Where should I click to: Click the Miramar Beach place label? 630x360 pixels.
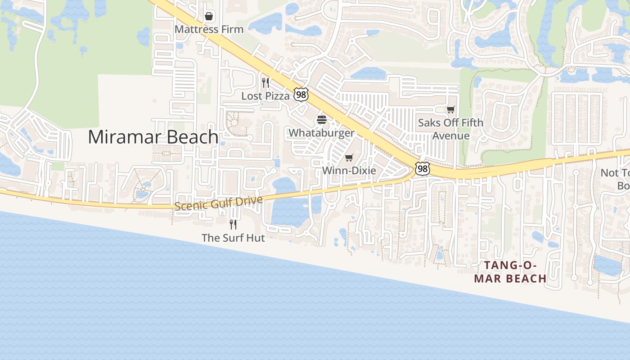point(153,137)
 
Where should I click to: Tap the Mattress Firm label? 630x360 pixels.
point(209,29)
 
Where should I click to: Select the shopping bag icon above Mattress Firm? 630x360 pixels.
point(209,17)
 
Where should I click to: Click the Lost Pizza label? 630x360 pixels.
point(265,96)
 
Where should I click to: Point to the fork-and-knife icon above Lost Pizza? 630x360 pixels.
point(265,83)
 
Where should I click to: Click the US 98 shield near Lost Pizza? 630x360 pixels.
point(301,94)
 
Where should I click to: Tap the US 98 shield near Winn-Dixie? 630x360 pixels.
point(422,169)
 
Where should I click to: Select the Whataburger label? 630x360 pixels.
point(321,133)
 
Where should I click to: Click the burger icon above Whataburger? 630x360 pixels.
point(321,120)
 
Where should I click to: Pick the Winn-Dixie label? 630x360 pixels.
point(349,171)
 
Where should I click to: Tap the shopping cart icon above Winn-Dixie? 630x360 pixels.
point(349,157)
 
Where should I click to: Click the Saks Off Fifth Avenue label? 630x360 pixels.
point(450,129)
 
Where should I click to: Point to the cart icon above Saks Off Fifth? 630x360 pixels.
point(450,109)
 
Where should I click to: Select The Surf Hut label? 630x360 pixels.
point(233,238)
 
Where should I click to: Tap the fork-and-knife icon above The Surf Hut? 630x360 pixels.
point(233,224)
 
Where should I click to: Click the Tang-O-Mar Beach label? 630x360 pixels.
point(510,272)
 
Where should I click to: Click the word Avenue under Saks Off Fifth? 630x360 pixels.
point(451,136)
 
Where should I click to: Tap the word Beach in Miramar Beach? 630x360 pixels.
point(189,137)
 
